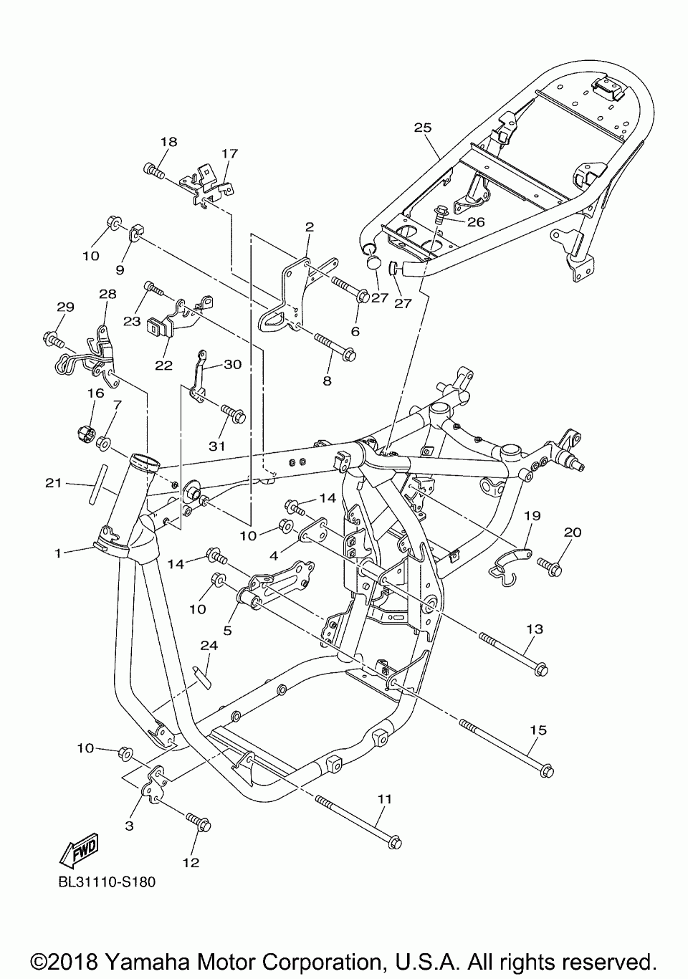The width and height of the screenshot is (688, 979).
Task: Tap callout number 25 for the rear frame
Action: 423,128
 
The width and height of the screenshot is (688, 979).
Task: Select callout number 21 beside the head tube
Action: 54,483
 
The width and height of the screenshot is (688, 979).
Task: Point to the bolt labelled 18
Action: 154,171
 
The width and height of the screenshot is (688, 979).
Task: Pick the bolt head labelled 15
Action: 546,771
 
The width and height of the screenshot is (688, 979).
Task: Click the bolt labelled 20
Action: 550,566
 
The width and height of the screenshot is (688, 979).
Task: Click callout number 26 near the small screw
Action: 476,222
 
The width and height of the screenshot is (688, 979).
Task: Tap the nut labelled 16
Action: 86,434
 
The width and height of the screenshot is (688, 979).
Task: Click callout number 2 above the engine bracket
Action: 310,226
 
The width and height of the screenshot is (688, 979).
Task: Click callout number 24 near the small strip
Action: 209,645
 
